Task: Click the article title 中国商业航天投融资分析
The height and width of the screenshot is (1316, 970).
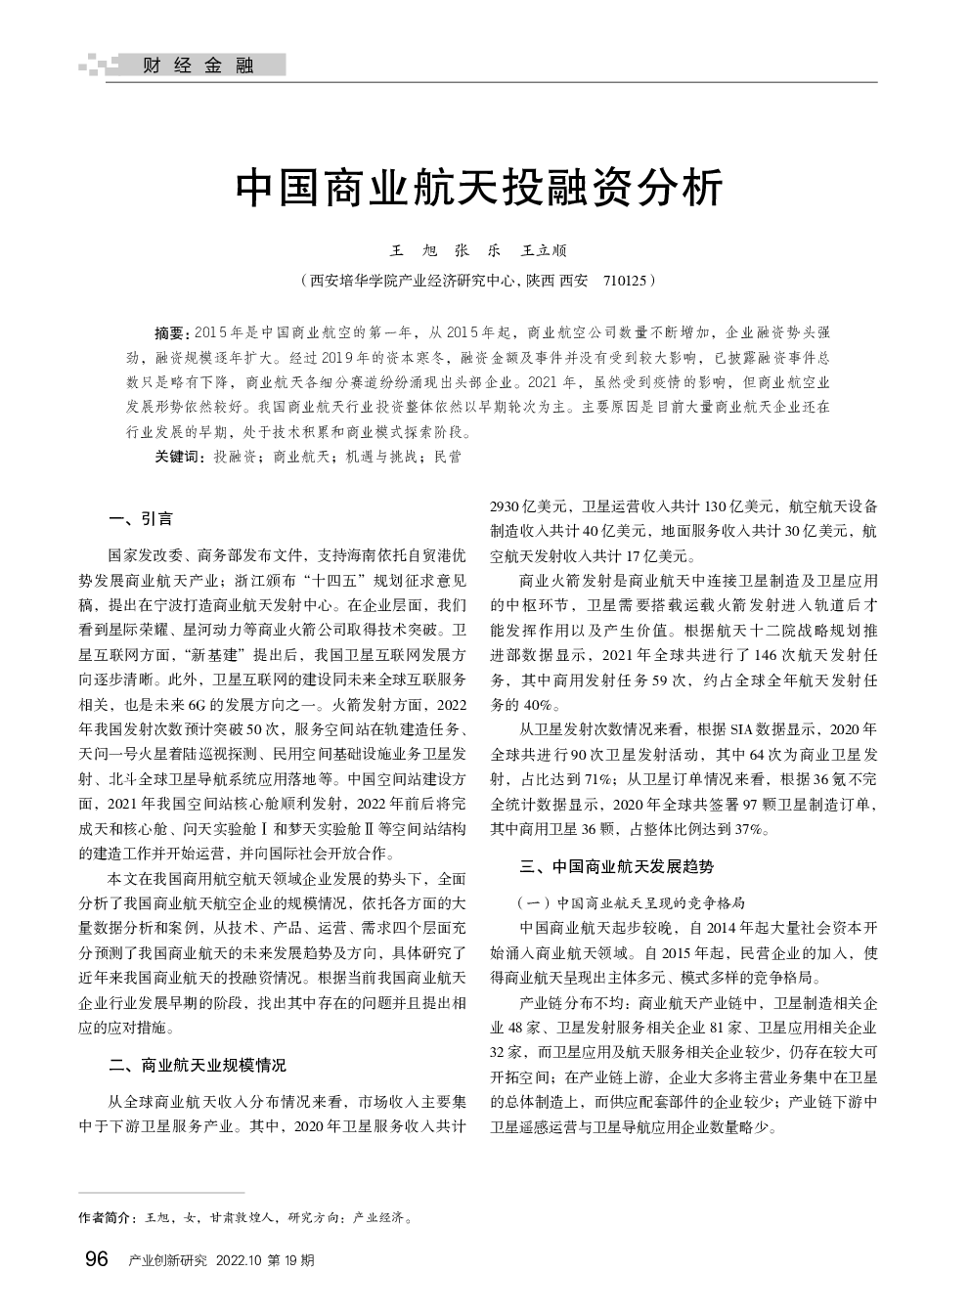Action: click(x=479, y=188)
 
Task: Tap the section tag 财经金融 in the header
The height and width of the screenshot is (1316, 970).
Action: click(x=198, y=66)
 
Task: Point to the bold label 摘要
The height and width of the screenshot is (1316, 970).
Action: click(x=172, y=332)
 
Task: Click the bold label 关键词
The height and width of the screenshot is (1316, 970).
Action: click(x=178, y=456)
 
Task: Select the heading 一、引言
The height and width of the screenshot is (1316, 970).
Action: click(x=141, y=518)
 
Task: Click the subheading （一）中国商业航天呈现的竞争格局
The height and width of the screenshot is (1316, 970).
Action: click(x=631, y=901)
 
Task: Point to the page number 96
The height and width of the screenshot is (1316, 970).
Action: click(x=97, y=1258)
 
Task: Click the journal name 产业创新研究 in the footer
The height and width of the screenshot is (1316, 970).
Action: click(x=168, y=1260)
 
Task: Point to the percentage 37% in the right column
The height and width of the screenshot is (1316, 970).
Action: click(x=747, y=829)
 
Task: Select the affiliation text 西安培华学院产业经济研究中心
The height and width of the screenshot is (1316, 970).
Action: click(x=412, y=281)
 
